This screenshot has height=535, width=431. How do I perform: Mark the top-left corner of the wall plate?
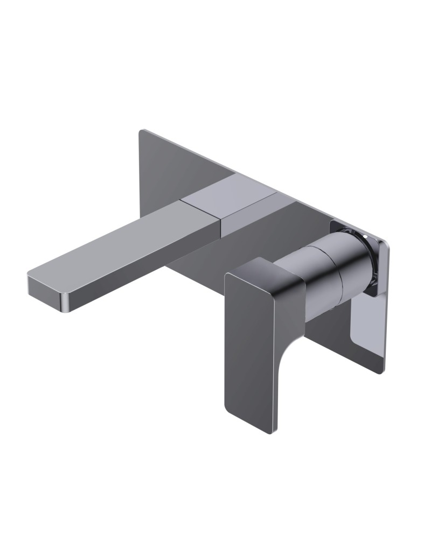(142, 131)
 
